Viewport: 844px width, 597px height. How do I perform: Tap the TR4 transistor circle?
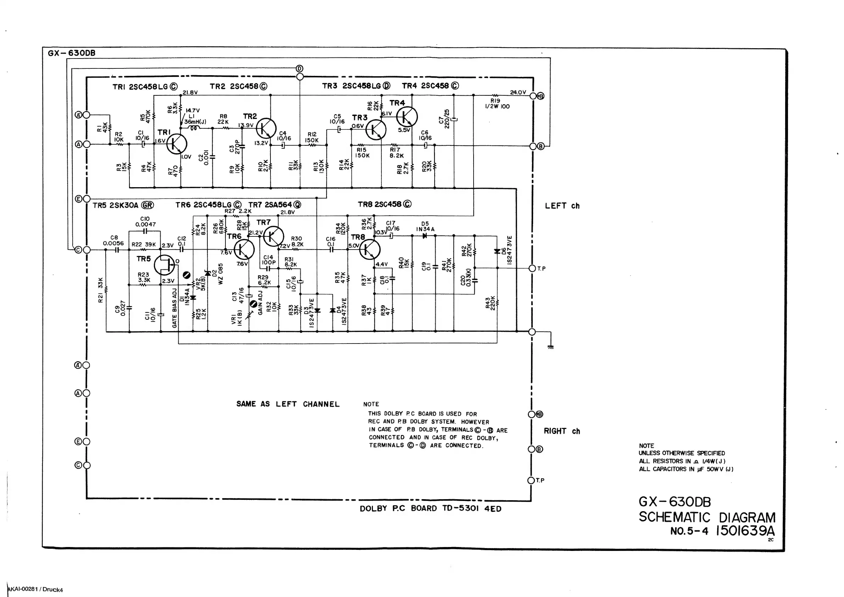tap(407, 117)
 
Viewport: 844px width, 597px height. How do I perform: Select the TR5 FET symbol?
tap(164, 265)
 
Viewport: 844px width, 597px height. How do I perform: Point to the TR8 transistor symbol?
tap(369, 250)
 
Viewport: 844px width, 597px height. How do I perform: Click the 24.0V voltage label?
tap(518, 92)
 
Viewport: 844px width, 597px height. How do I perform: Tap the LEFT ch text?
tap(562, 206)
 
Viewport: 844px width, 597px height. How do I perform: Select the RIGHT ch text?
tap(562, 431)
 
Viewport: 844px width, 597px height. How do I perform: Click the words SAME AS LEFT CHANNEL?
tap(288, 404)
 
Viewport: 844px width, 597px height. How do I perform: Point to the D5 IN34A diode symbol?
tap(425, 236)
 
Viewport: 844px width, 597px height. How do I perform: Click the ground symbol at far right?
tap(550, 347)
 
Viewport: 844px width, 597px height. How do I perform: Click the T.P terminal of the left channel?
tap(532, 268)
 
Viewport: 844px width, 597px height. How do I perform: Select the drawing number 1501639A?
tap(745, 530)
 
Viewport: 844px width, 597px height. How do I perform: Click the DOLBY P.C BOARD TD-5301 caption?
tap(430, 508)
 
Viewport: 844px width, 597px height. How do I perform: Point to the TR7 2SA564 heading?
tap(274, 205)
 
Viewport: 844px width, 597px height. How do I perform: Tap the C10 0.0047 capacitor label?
tap(145, 222)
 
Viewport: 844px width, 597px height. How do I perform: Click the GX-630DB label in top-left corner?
tap(72, 53)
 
